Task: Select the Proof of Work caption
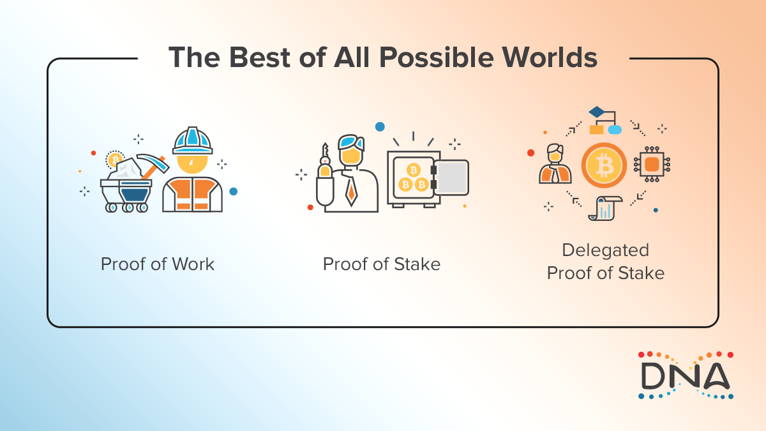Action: click(x=157, y=264)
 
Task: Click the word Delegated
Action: click(x=605, y=250)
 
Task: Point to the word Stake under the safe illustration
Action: click(x=418, y=264)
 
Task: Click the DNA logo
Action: click(x=686, y=375)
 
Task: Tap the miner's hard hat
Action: click(x=193, y=140)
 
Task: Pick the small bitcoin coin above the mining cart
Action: click(x=115, y=160)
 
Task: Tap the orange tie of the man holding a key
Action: click(x=350, y=190)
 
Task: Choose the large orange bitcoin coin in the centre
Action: click(x=604, y=165)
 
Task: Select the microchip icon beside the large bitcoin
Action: click(x=652, y=165)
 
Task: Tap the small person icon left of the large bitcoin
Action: click(x=555, y=165)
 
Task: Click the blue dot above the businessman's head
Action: click(x=380, y=126)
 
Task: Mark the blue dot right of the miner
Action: click(x=233, y=191)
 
